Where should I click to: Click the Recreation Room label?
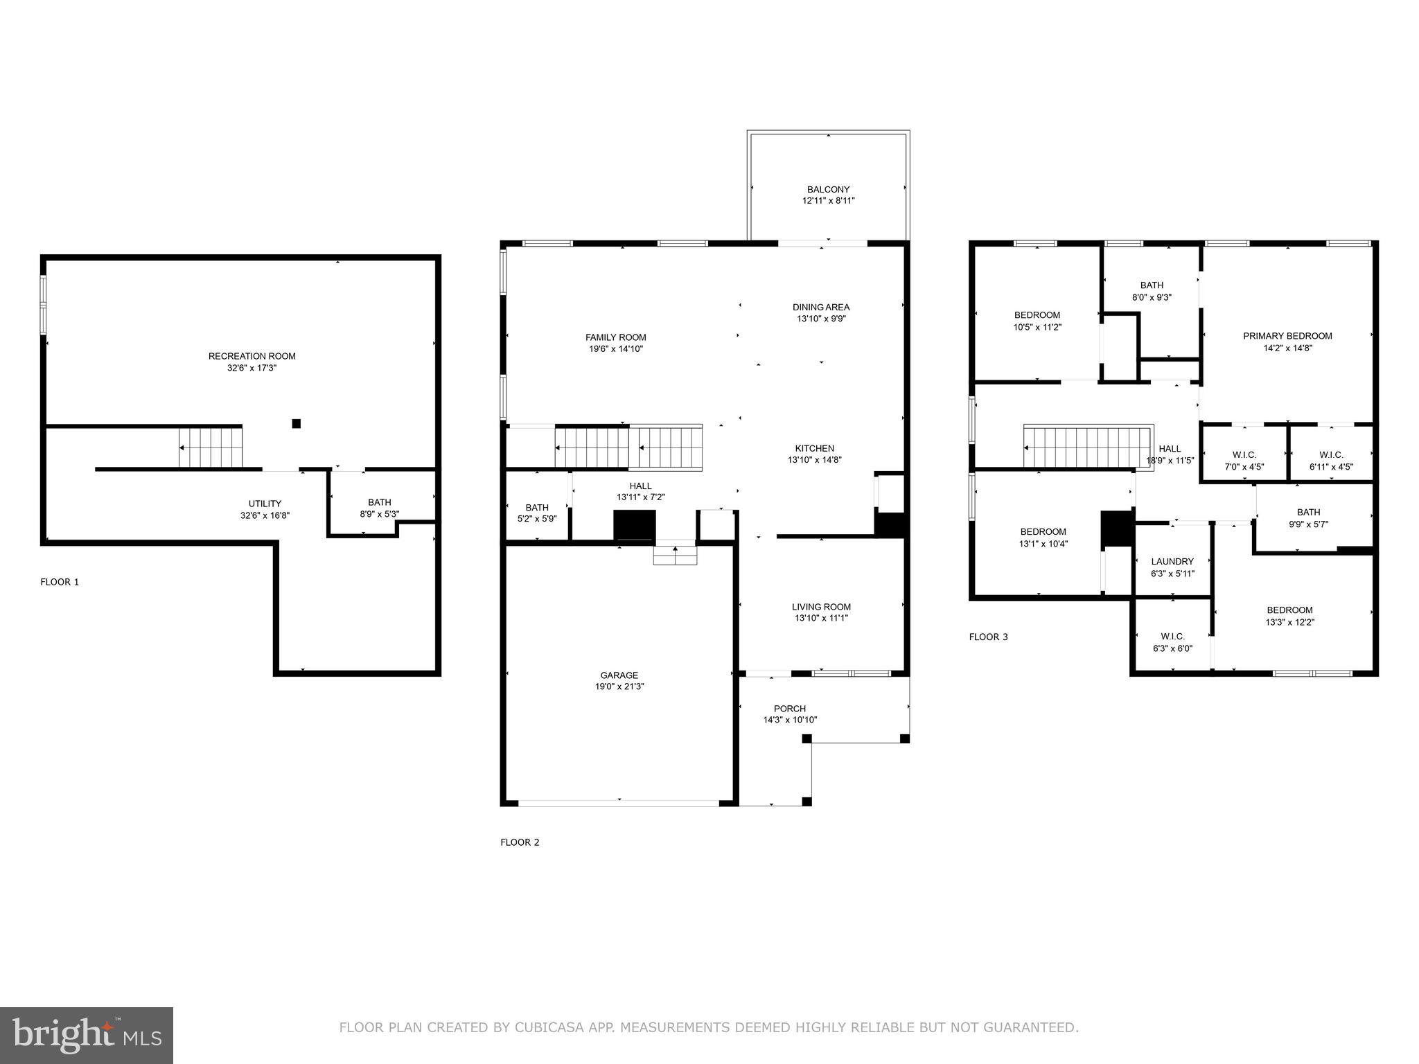(x=252, y=356)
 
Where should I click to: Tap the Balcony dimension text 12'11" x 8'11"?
(x=828, y=201)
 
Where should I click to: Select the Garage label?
(x=619, y=675)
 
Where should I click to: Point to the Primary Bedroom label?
(x=1287, y=336)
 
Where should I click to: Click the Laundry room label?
(x=1172, y=562)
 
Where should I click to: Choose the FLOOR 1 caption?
(x=60, y=582)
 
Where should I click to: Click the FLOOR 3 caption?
(x=988, y=637)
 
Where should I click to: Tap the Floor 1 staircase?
(x=211, y=447)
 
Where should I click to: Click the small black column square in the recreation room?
(x=297, y=423)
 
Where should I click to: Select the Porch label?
(x=790, y=709)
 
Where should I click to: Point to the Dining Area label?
(x=821, y=307)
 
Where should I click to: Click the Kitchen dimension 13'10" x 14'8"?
(x=815, y=460)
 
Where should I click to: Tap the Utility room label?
(x=265, y=504)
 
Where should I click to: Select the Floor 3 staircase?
(x=1088, y=447)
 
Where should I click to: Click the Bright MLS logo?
(x=87, y=1035)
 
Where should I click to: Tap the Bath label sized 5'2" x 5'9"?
(x=537, y=508)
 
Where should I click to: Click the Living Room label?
(x=821, y=607)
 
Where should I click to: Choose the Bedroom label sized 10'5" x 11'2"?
(x=1037, y=315)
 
